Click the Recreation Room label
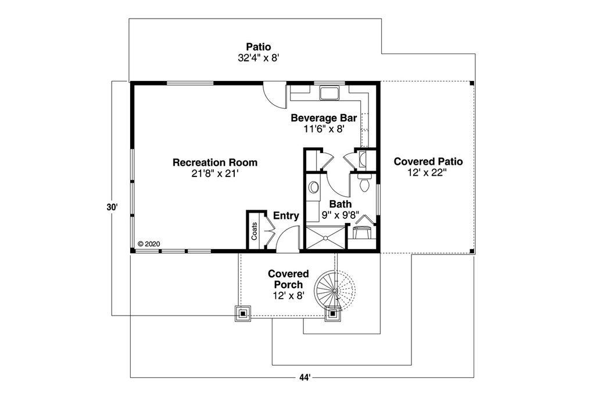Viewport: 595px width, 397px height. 214,162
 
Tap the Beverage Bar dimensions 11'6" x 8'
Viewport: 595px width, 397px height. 324,129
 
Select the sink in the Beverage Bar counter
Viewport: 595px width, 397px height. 329,93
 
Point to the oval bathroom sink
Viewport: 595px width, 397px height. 314,187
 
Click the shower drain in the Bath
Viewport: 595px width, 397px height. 326,238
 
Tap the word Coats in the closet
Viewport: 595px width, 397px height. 255,232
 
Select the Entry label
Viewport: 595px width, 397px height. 286,216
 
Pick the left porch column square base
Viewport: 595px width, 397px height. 242,314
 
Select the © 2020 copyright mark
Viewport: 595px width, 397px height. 148,244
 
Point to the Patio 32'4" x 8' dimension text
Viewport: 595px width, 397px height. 258,58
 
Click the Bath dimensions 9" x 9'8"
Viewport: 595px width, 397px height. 340,215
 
